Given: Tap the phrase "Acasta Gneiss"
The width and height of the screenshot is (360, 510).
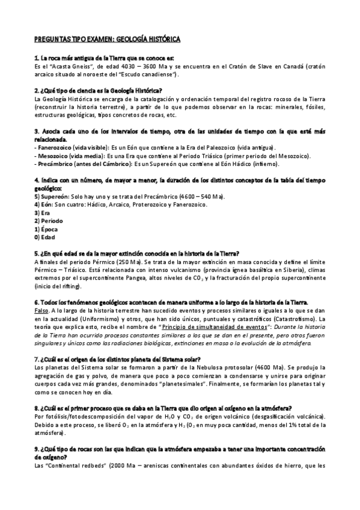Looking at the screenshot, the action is point(67,66).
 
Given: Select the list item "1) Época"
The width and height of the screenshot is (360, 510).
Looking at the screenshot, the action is point(47,229).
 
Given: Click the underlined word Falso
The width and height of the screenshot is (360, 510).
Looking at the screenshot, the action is point(43,310).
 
